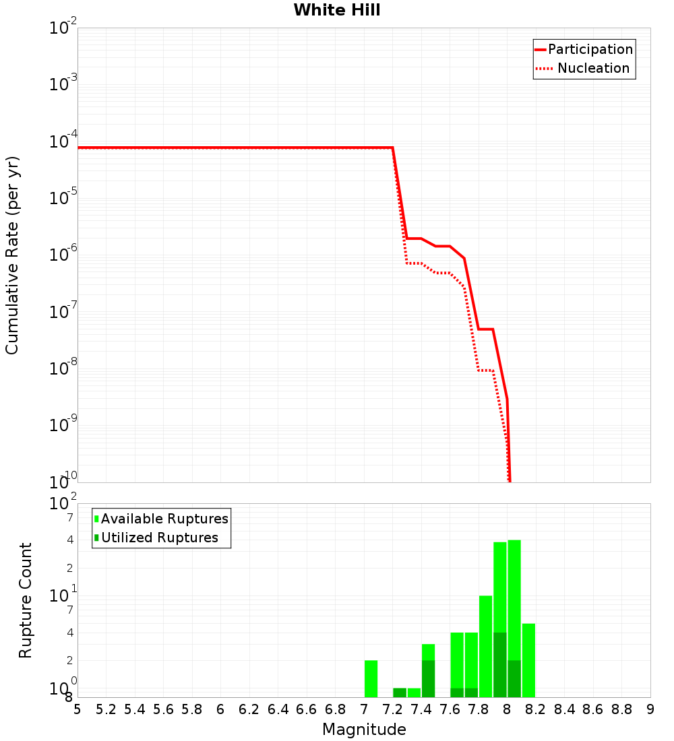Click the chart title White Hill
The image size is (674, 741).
tap(337, 10)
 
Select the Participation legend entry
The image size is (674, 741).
tap(590, 50)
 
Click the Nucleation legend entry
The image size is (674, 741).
tap(592, 69)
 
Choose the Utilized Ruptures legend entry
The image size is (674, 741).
tap(159, 538)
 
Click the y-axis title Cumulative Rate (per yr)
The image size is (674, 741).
tap(13, 255)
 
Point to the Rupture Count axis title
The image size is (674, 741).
tap(26, 600)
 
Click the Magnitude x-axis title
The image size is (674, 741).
tap(364, 730)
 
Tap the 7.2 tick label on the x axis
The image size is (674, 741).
tap(392, 709)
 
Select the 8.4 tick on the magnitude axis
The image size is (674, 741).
tap(564, 709)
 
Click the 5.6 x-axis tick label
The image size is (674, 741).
tap(163, 709)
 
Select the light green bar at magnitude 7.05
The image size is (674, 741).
tap(371, 679)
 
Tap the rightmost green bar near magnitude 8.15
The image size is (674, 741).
tap(528, 660)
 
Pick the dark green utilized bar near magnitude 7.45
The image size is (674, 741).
tap(428, 679)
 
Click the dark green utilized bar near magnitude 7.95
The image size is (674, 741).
tap(500, 665)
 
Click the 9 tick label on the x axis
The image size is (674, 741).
tap(650, 709)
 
